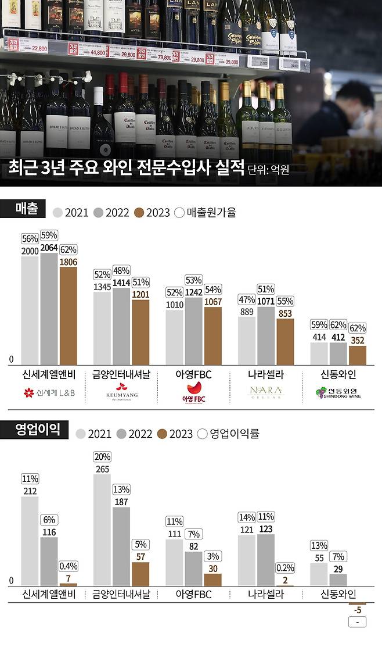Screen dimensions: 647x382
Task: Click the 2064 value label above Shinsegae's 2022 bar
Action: coord(49,248)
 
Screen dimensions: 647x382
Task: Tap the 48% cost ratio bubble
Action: coord(121,270)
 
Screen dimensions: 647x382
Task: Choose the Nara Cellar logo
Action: coord(265,392)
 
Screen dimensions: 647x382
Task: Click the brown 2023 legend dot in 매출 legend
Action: coord(139,212)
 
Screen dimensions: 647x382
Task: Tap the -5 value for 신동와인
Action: coord(357,610)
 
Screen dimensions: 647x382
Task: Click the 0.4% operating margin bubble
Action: coord(68,566)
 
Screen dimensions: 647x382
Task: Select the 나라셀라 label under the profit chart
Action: coord(265,595)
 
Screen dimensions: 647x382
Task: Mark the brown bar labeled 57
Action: coord(140,573)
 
